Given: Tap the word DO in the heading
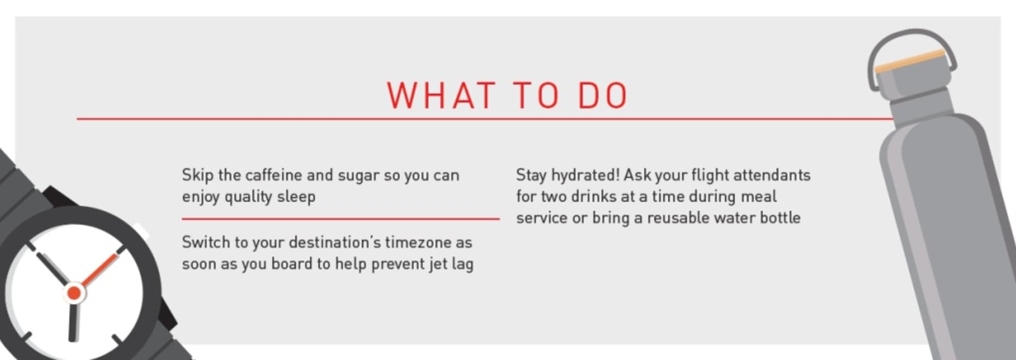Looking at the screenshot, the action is coord(603,95).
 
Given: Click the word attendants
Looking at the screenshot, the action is coord(772,175).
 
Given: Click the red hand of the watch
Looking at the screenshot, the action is coord(100,270).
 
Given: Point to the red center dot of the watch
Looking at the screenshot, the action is coord(74,293).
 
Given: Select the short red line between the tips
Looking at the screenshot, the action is coord(340,219).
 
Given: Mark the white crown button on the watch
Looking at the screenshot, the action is coord(142,232).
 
